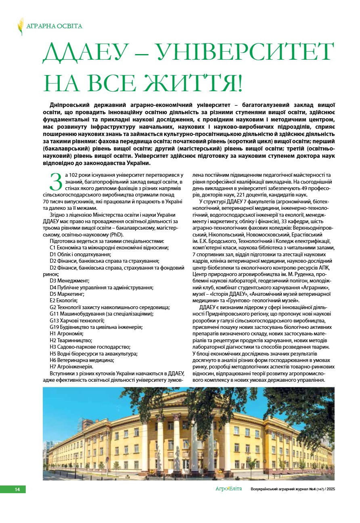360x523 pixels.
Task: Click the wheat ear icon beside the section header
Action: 21,26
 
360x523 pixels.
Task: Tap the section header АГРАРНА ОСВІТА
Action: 54,26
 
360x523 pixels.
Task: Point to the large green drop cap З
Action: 55,182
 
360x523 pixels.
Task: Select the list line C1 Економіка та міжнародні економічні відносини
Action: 109,248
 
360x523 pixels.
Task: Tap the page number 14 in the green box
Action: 17,490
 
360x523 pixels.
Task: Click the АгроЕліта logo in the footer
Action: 228,489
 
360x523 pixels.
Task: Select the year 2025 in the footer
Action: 331,490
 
